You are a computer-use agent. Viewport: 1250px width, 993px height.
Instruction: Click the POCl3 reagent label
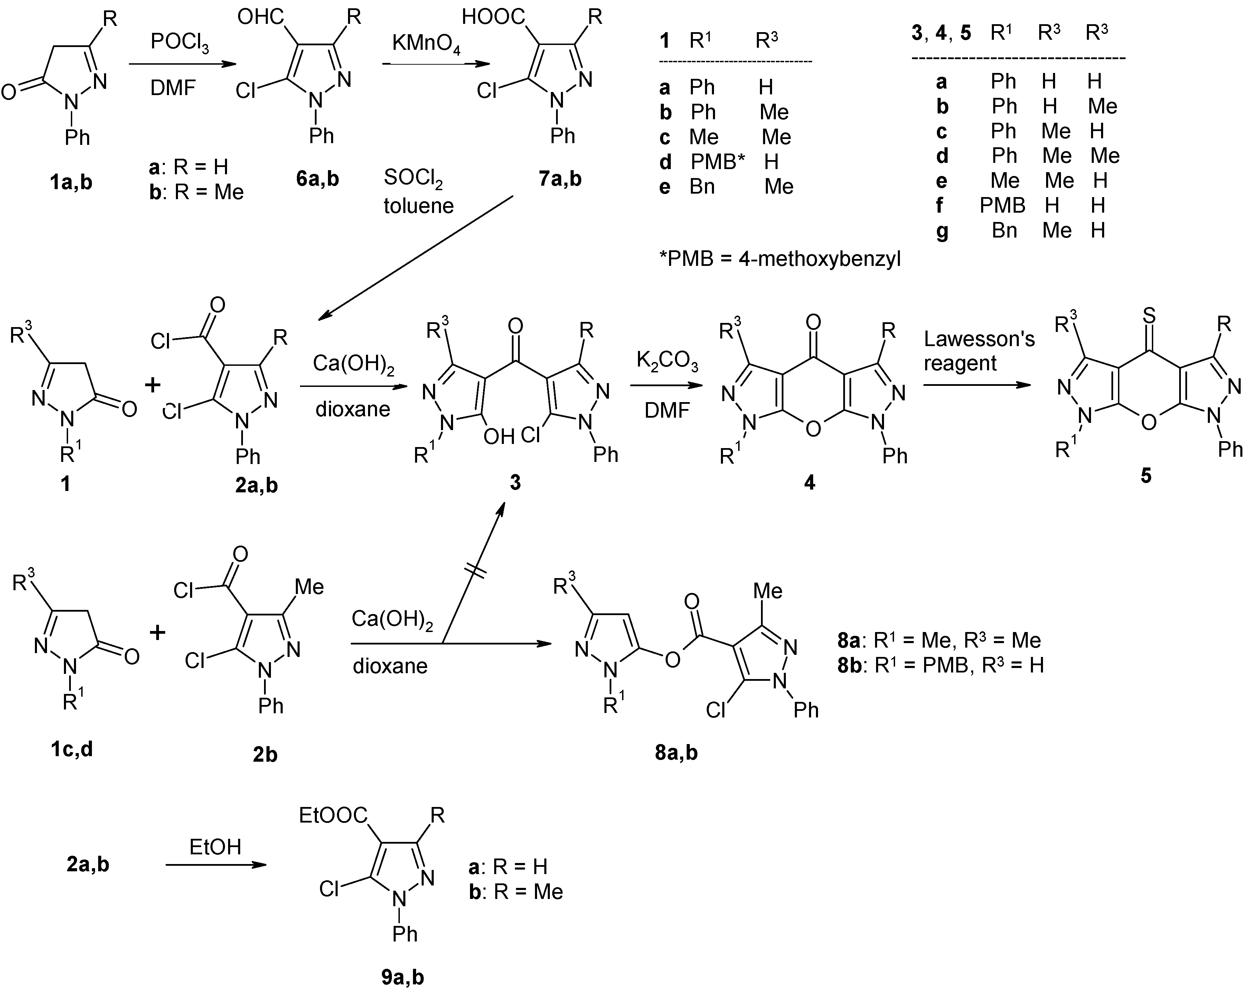click(x=180, y=44)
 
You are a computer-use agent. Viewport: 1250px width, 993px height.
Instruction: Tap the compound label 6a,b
click(x=317, y=179)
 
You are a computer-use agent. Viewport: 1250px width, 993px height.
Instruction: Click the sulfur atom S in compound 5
click(x=1148, y=316)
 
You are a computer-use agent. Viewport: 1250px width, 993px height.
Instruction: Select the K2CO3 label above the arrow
click(x=667, y=361)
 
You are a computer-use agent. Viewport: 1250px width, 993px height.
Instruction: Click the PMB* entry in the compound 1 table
click(x=718, y=162)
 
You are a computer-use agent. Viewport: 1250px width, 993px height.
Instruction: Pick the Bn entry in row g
click(x=1004, y=230)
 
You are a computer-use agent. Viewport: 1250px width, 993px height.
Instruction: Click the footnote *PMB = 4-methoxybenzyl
click(x=780, y=259)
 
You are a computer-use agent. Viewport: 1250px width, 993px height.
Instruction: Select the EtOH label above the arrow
click(x=215, y=847)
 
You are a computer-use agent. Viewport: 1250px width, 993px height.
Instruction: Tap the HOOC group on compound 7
click(x=494, y=17)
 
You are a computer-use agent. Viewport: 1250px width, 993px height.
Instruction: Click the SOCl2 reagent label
click(x=413, y=178)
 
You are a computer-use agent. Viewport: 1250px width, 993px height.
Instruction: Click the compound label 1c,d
click(x=71, y=749)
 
